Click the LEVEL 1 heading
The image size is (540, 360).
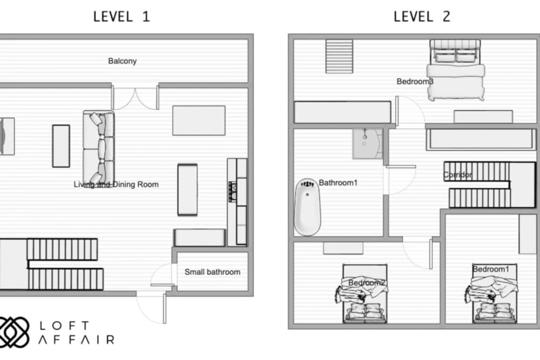[122, 16]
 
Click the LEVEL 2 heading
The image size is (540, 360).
[422, 16]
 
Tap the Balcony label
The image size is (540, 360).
[123, 61]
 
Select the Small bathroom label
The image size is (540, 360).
[212, 272]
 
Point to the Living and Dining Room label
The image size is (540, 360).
[116, 185]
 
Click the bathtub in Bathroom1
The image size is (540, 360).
[308, 207]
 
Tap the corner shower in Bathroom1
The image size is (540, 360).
[368, 144]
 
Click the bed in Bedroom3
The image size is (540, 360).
[456, 70]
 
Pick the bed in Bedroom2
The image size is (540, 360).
[364, 294]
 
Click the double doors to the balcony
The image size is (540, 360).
[135, 98]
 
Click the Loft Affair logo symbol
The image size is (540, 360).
[13, 331]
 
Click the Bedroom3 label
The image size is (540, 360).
[415, 81]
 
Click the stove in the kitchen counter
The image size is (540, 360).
[233, 191]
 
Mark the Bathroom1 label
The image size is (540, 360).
[338, 183]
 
